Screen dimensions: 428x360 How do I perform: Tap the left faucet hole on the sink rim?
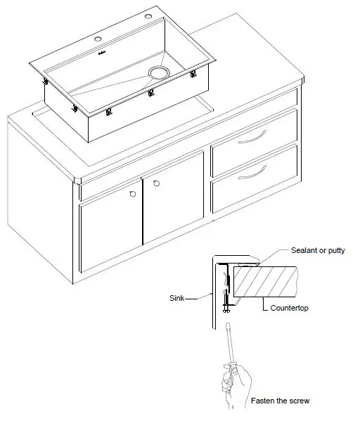click(97, 39)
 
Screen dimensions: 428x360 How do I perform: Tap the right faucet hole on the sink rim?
click(149, 16)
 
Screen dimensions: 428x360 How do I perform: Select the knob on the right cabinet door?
click(156, 183)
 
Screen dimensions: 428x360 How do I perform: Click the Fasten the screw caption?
click(280, 401)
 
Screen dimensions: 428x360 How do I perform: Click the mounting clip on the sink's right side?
click(192, 74)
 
